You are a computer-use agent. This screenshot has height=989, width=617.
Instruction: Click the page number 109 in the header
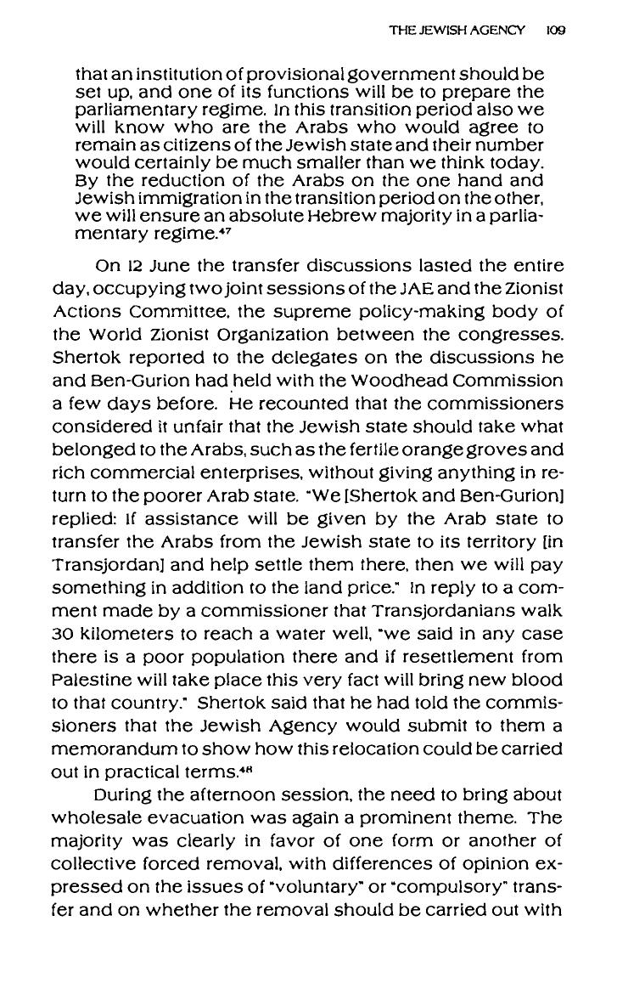point(557,28)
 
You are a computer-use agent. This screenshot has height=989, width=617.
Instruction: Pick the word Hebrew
point(362,203)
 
